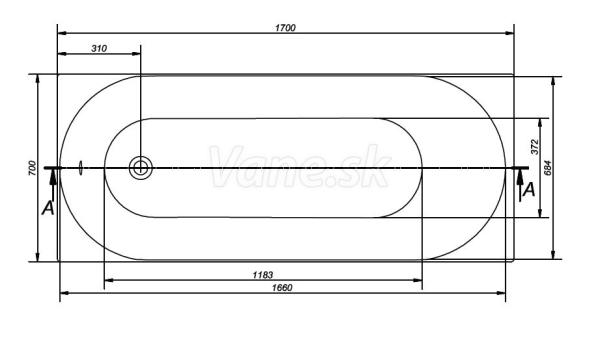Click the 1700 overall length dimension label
(285, 28)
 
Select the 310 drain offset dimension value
(99, 49)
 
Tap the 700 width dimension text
(33, 168)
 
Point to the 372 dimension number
(535, 147)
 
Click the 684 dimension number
(548, 168)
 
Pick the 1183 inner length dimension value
(263, 275)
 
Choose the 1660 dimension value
(282, 288)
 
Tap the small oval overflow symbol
(80, 168)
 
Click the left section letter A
(48, 209)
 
